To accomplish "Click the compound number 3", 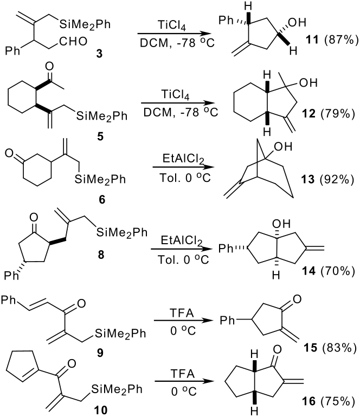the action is click(99, 54).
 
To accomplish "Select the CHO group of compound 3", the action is click(73, 42).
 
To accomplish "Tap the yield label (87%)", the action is click(342, 40).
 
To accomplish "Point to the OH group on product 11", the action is click(297, 22).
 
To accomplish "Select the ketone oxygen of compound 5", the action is click(49, 66).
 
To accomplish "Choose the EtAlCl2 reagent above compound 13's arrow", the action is click(183, 159).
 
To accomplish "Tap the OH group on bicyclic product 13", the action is click(283, 147).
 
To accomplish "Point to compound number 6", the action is click(102, 199).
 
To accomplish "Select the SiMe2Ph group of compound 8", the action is click(121, 233).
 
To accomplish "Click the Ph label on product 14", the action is click(226, 249).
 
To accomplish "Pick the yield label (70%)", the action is click(338, 271).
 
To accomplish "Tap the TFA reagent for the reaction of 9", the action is click(182, 313).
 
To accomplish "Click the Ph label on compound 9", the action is click(9, 300).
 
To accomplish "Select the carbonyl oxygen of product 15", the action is click(297, 299).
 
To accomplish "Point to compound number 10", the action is click(100, 410).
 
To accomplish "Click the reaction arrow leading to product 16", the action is click(184, 381).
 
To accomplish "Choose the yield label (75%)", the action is click(338, 401).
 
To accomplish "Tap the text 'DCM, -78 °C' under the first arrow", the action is click(177, 43).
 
